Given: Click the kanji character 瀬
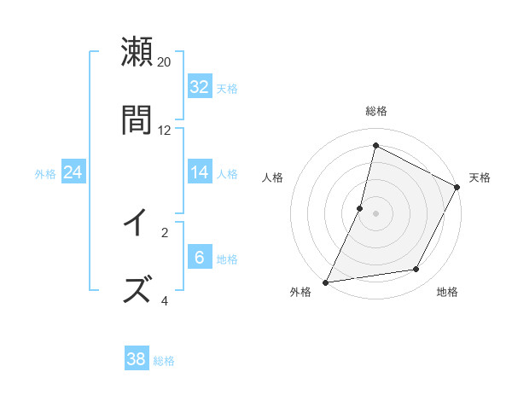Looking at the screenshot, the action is pyautogui.click(x=137, y=52).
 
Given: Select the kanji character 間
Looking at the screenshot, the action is pyautogui.click(x=137, y=119).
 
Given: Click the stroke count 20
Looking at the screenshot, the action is pyautogui.click(x=165, y=62).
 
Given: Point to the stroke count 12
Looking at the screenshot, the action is pyautogui.click(x=165, y=130).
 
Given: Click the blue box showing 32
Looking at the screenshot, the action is pyautogui.click(x=200, y=87).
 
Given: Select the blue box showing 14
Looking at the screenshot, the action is pyautogui.click(x=200, y=172).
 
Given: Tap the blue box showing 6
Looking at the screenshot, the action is pyautogui.click(x=200, y=258).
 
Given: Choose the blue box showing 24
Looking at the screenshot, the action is pyautogui.click(x=73, y=172).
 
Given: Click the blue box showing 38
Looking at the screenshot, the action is pyautogui.click(x=137, y=359).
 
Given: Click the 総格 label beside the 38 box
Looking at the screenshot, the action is pyautogui.click(x=164, y=361).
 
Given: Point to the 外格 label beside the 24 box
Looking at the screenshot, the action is pyautogui.click(x=45, y=174).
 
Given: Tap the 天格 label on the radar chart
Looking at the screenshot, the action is pyautogui.click(x=480, y=177).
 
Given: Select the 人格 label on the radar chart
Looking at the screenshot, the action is pyautogui.click(x=272, y=177).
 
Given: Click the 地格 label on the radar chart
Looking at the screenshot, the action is pyautogui.click(x=447, y=292).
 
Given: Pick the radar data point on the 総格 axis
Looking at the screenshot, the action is pyautogui.click(x=375, y=146).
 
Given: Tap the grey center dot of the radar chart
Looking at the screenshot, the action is pyautogui.click(x=375, y=212).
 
